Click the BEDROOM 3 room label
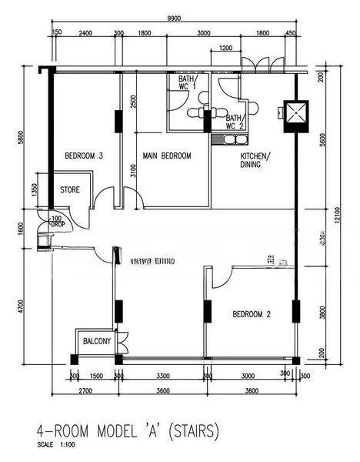(x=84, y=156)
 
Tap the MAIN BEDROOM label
(x=166, y=156)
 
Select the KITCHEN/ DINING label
(x=251, y=159)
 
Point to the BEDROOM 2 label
(x=252, y=314)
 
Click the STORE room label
(x=70, y=189)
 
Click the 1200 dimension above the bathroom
(x=225, y=49)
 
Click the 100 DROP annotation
(x=56, y=222)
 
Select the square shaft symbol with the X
(x=295, y=114)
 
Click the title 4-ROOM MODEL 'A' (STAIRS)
(x=128, y=430)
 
